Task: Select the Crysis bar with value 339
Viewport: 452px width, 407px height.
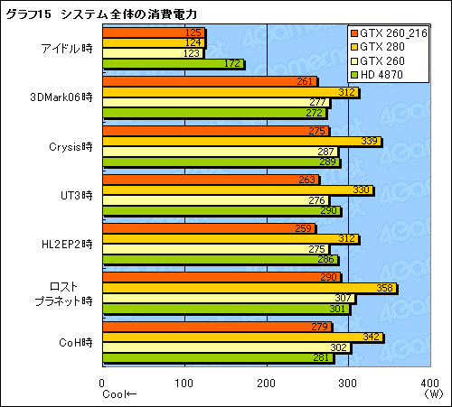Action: click(x=241, y=141)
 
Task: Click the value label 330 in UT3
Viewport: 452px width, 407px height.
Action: click(x=361, y=190)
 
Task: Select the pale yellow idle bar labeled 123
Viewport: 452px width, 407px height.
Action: click(x=154, y=53)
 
